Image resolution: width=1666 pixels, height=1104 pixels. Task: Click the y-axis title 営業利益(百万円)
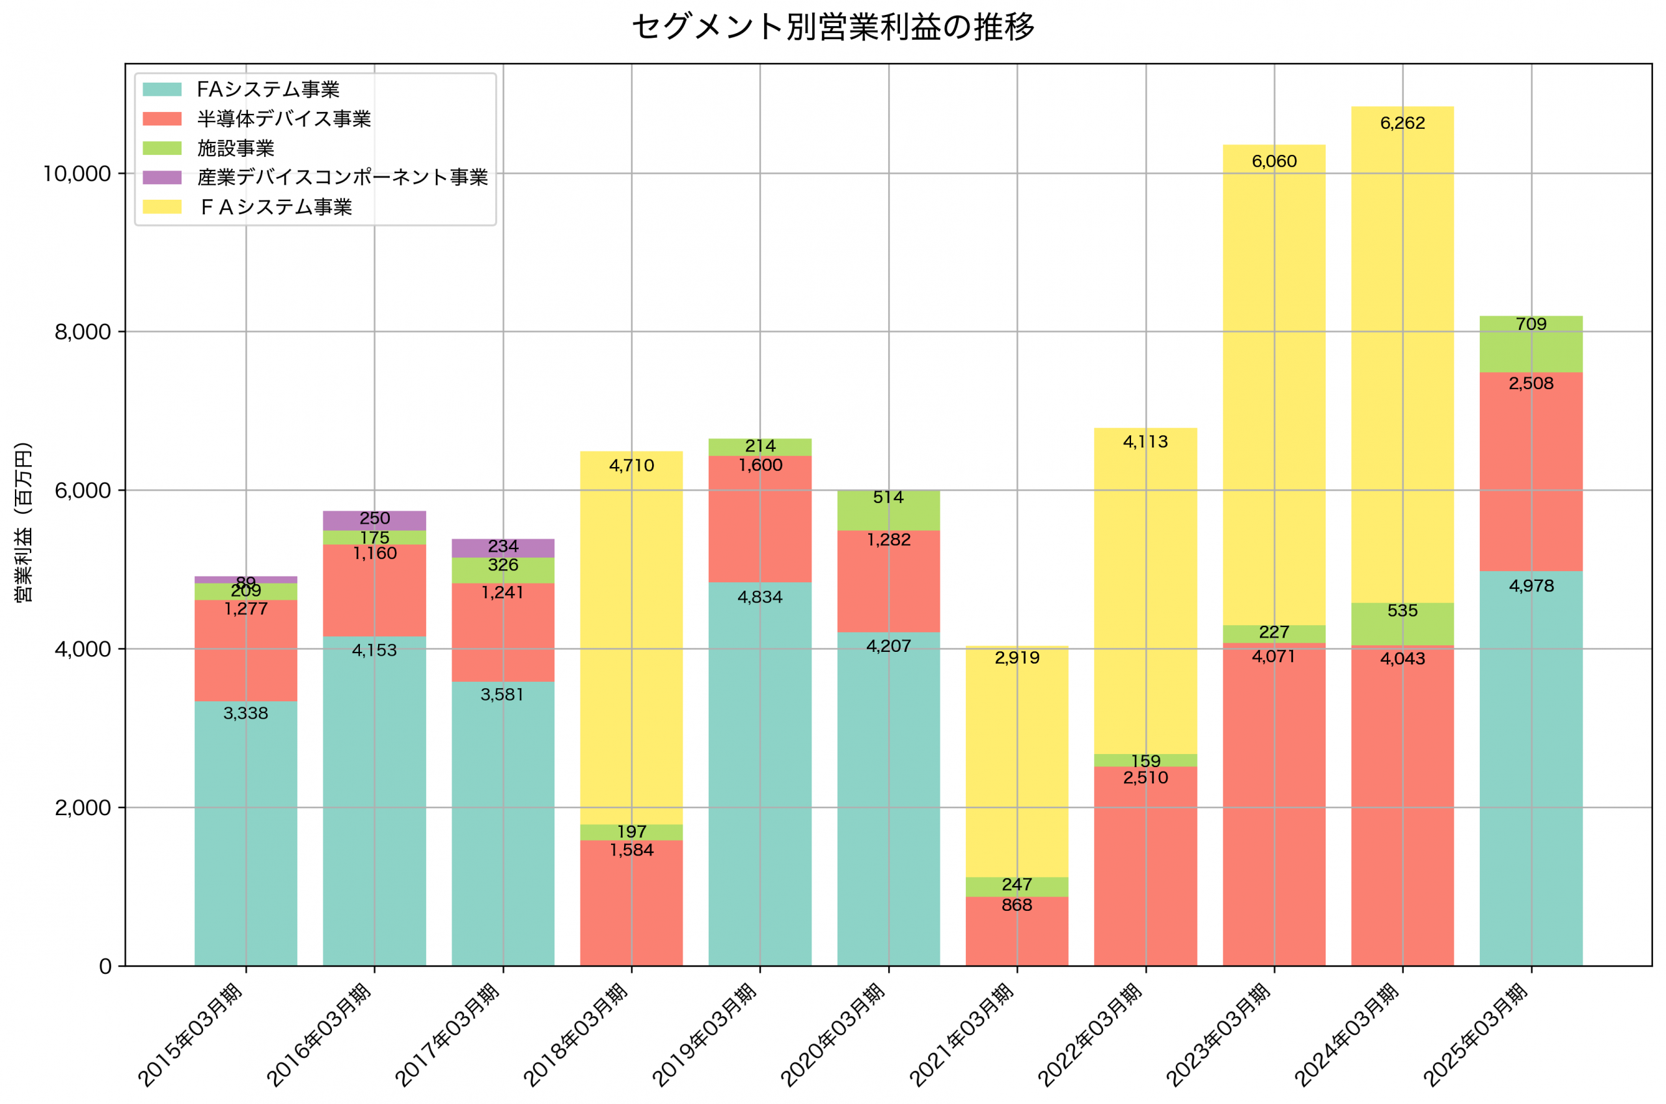click(x=23, y=522)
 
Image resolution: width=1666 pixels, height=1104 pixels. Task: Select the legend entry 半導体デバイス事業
click(x=283, y=119)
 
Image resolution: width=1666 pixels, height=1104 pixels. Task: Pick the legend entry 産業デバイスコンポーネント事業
click(x=342, y=178)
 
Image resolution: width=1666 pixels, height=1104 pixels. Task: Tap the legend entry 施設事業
click(x=235, y=148)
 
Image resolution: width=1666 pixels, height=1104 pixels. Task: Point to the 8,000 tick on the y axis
click(x=83, y=332)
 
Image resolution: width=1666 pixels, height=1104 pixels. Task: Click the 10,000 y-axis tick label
click(x=77, y=174)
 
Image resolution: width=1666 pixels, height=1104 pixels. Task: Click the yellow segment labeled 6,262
click(x=1402, y=352)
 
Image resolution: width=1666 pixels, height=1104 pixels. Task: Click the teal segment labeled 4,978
click(x=1531, y=768)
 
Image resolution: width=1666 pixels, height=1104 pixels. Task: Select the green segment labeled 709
click(x=1531, y=344)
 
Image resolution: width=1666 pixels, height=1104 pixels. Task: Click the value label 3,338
click(x=246, y=713)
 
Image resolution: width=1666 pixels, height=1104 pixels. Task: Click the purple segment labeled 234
click(x=503, y=548)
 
